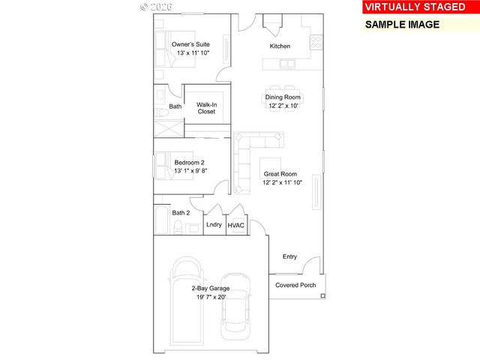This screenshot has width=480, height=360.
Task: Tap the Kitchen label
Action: coord(280,46)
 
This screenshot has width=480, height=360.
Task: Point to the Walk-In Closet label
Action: coord(206,108)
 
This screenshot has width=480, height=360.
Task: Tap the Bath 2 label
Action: coord(181,213)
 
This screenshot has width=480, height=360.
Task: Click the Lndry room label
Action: coord(214,224)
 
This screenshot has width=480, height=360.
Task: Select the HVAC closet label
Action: coord(236,224)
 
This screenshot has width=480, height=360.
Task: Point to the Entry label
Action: coord(289,256)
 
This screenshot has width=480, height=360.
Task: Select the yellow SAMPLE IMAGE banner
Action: coord(402,23)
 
